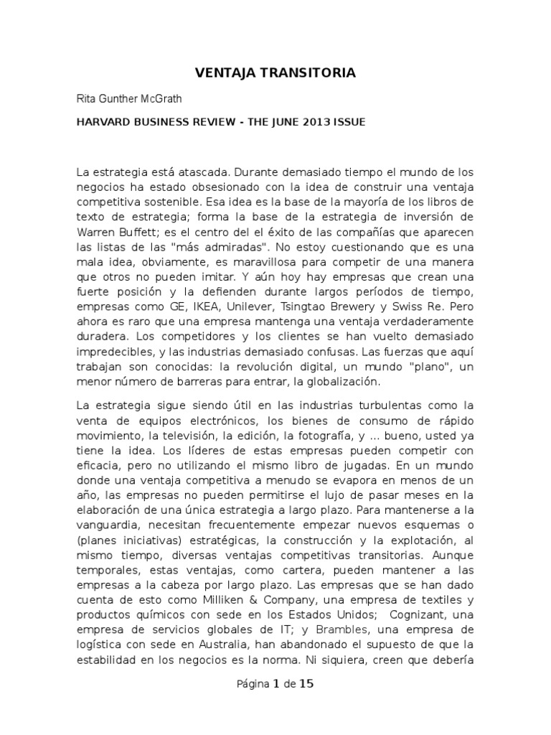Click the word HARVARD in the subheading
tap(103, 122)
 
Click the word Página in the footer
tap(253, 684)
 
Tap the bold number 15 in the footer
tap(306, 684)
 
